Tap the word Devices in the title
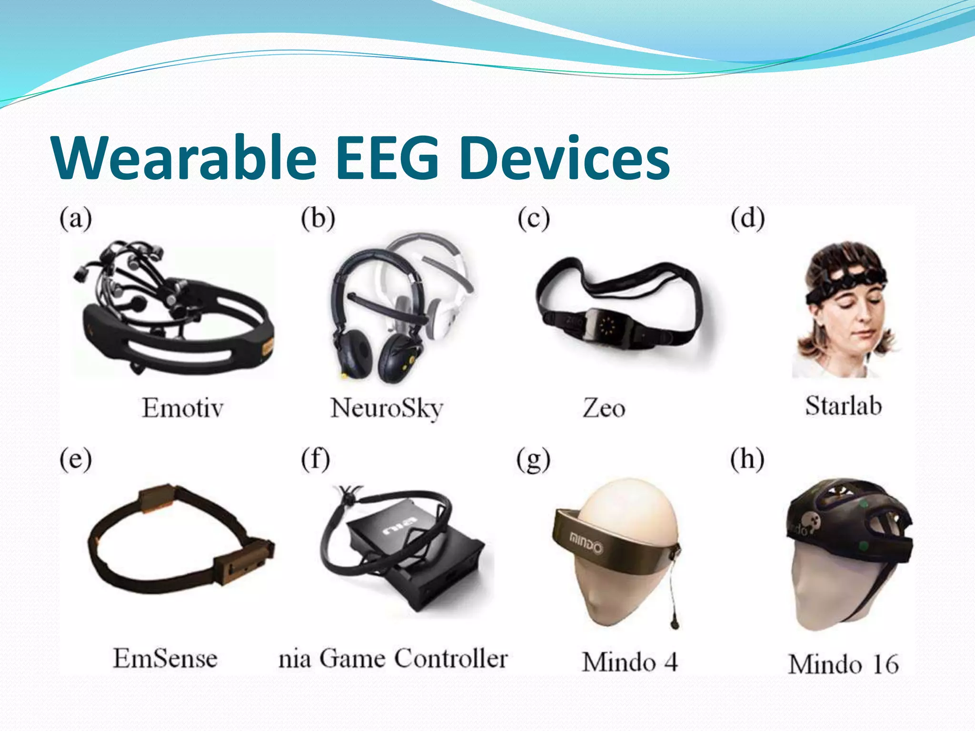pos(565,158)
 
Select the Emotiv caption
pos(182,408)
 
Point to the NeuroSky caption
pos(387,408)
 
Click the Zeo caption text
pos(604,408)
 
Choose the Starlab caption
pos(843,406)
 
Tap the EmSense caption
pos(165,659)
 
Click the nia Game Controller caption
pos(393,659)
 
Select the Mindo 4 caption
pos(629,662)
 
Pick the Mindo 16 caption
pos(843,664)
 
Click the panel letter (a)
pos(76,219)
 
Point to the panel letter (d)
pos(747,219)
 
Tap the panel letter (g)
pos(533,461)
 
